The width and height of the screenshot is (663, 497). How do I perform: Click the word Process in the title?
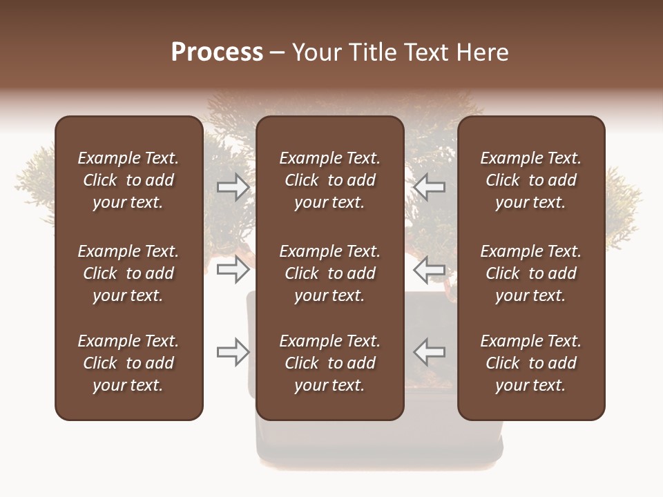coord(217,52)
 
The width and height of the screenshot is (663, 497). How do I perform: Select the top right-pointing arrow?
coord(233,187)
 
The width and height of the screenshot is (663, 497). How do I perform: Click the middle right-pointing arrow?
coord(233,269)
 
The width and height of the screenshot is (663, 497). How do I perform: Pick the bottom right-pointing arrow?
coord(233,352)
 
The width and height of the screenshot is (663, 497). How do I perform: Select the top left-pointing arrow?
coord(430,187)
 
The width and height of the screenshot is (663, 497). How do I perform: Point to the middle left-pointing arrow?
coord(430,269)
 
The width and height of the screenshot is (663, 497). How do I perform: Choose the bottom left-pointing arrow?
coord(430,352)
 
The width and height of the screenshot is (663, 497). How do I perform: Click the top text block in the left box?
coord(128,180)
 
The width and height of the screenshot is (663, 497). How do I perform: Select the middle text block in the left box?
coord(128,273)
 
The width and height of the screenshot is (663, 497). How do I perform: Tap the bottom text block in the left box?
coord(128,363)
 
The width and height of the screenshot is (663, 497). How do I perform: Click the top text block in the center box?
coord(329,180)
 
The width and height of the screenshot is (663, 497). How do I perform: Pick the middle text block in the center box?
coord(329,273)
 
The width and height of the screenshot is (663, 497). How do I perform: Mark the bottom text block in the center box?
coord(329,363)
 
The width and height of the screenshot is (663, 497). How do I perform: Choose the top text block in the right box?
coord(530,180)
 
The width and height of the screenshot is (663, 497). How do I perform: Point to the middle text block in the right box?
coord(530,273)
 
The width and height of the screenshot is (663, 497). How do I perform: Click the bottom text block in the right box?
coord(530,363)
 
